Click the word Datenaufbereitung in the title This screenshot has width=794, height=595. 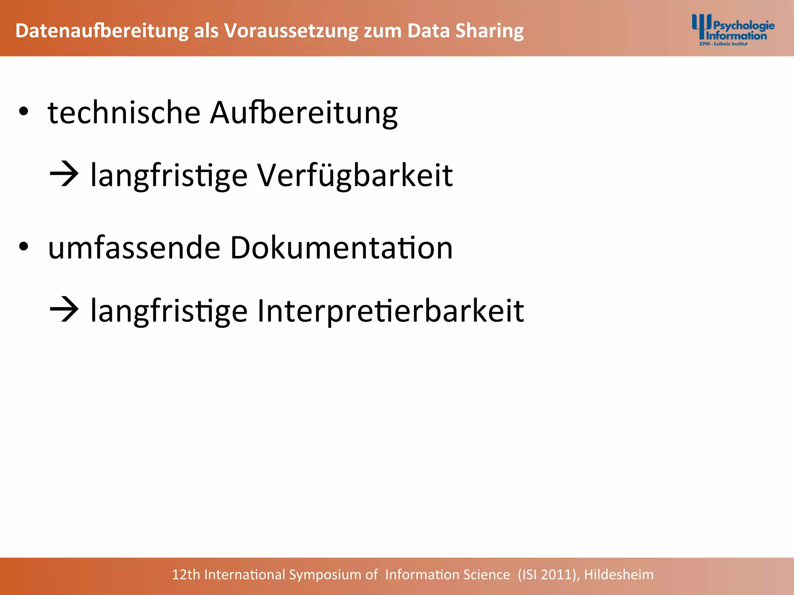coord(102,31)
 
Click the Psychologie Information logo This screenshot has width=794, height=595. coord(733,30)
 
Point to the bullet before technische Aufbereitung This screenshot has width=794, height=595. coord(24,112)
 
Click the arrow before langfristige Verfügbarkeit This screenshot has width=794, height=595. coord(64,175)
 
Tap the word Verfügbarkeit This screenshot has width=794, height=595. coord(355,175)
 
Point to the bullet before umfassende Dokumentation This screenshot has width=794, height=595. coord(24,247)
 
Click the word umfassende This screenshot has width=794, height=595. coord(134,248)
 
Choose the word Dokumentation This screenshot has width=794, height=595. coord(341,248)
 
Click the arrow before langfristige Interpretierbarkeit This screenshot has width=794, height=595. coord(64,310)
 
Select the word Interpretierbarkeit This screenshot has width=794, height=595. coord(390,311)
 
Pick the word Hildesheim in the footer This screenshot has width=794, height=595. coord(619,574)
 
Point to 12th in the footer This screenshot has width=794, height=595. coord(186,574)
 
